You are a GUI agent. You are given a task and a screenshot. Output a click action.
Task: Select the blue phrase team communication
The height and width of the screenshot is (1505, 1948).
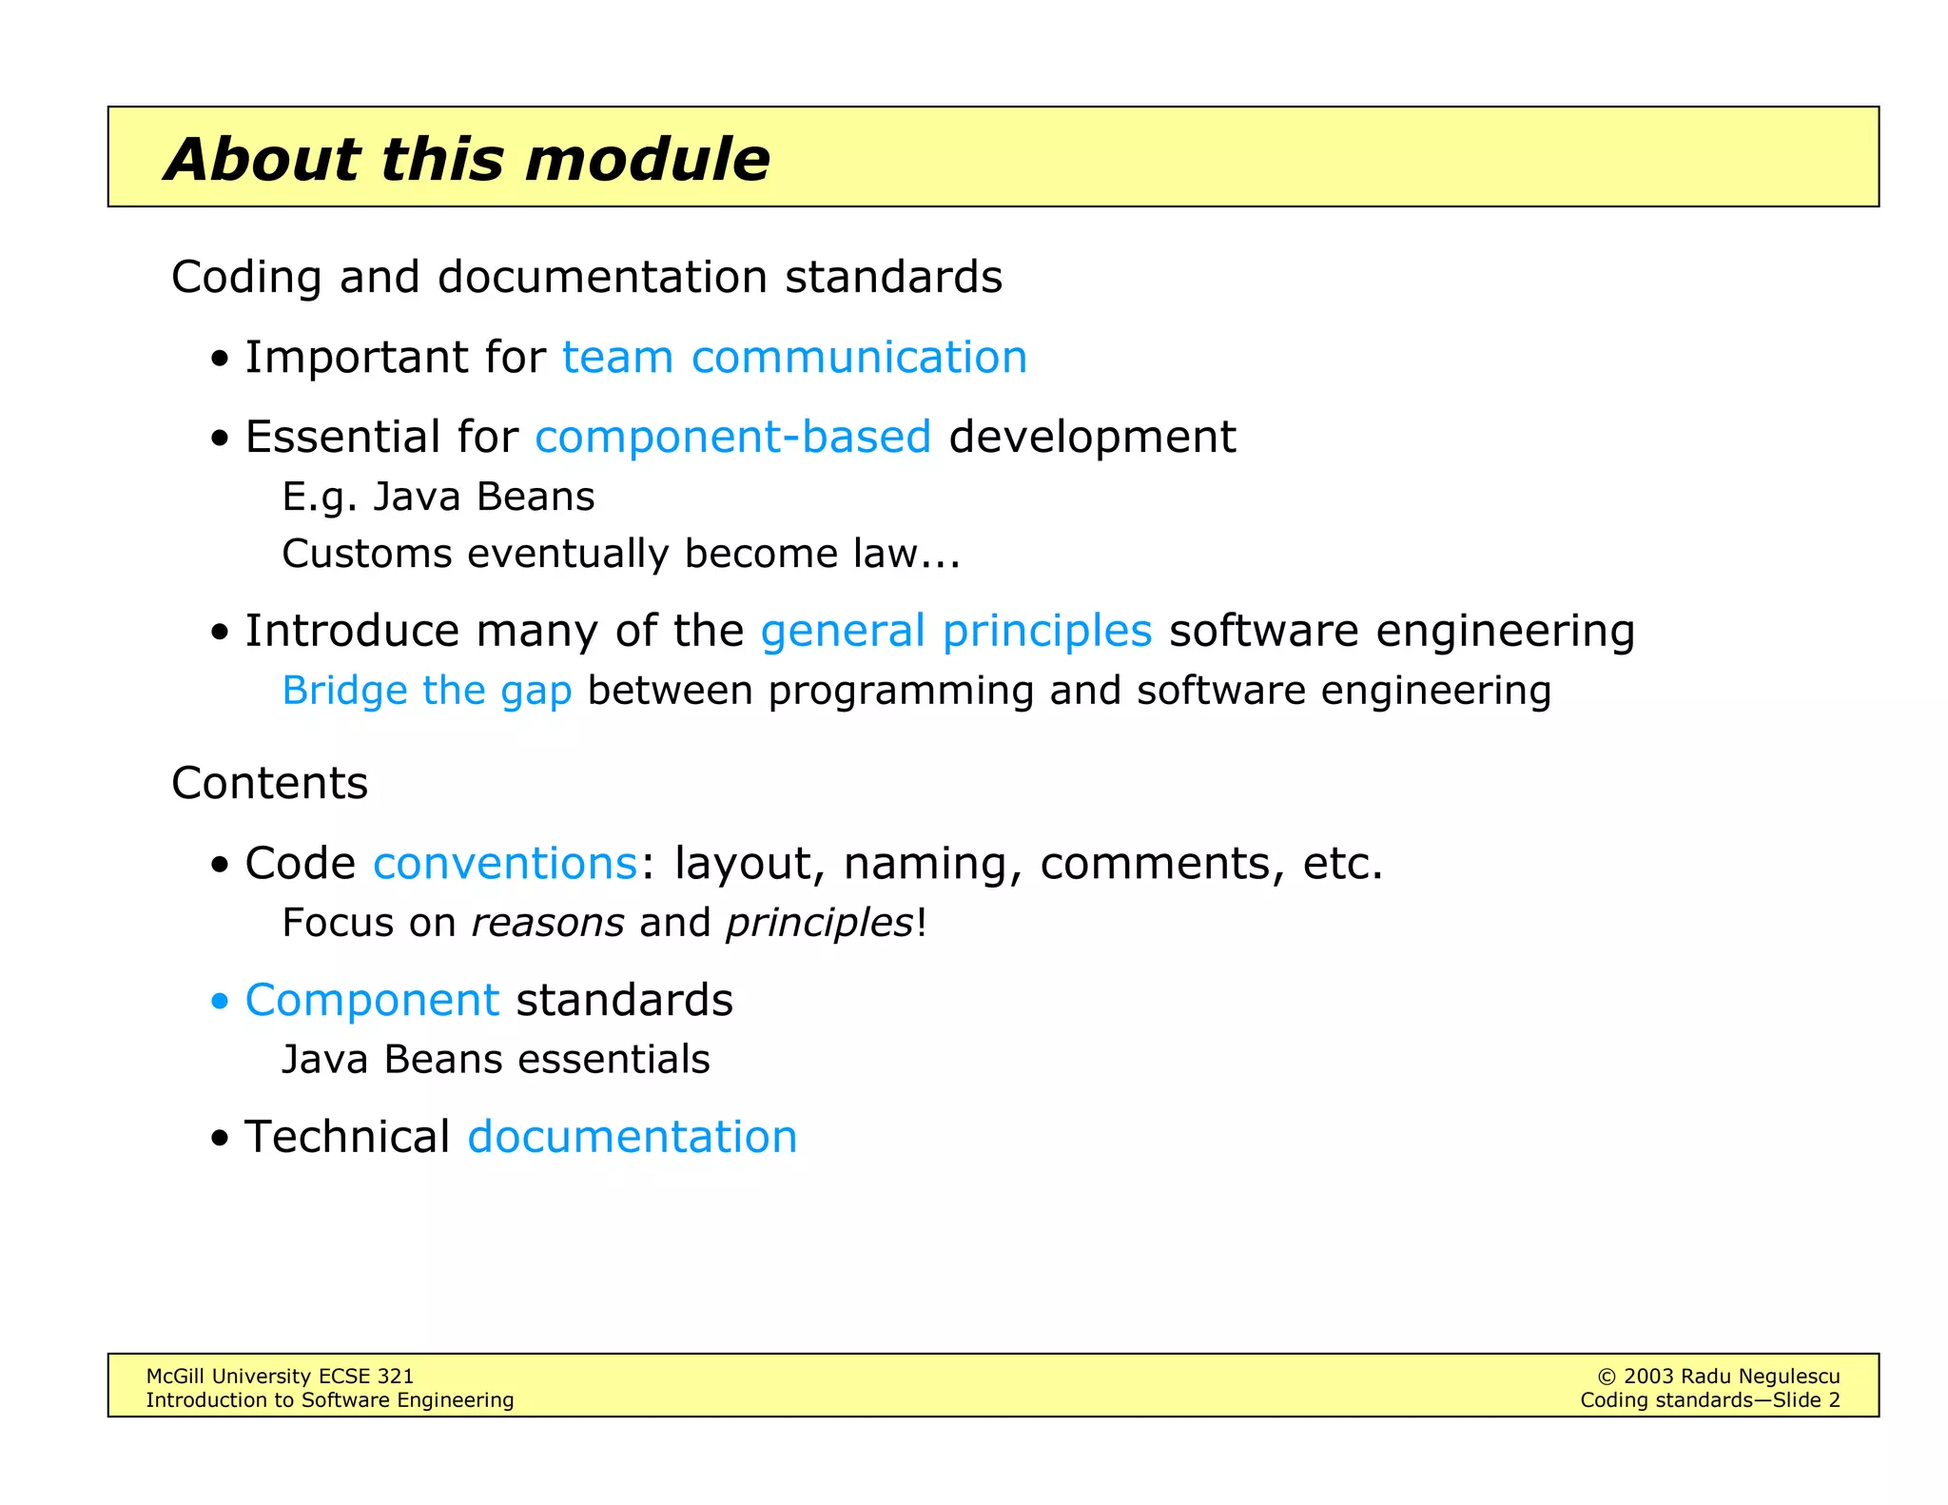794,358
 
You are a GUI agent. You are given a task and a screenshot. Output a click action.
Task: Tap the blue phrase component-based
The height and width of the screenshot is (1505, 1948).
732,438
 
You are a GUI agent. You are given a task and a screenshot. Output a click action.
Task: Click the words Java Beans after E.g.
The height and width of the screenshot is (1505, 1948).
483,498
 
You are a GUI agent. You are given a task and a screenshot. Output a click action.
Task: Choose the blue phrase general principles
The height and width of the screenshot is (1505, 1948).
956,632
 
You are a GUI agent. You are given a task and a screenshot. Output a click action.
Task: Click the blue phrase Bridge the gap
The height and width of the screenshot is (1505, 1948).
427,691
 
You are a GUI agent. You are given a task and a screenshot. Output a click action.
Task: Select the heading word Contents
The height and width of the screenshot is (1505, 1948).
269,784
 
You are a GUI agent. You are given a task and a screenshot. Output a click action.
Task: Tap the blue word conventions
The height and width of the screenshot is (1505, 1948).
505,864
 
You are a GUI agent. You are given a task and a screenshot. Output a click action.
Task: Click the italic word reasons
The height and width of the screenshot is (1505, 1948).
548,923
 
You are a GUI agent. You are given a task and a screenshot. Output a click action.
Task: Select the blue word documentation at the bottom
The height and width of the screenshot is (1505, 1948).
633,1138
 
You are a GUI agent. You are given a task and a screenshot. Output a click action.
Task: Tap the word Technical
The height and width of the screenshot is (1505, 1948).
347,1138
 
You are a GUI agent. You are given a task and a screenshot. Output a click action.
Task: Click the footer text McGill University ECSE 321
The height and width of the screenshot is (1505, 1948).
280,1377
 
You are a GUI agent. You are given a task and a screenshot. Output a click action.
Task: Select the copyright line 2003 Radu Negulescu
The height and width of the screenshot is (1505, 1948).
1718,1377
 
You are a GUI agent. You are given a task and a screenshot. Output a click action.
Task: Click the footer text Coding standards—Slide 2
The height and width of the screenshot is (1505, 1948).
1709,1400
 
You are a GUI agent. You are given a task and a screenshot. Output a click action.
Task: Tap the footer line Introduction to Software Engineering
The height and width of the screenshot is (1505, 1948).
329,1400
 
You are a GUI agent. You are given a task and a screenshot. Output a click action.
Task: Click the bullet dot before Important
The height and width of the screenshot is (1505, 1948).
221,360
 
